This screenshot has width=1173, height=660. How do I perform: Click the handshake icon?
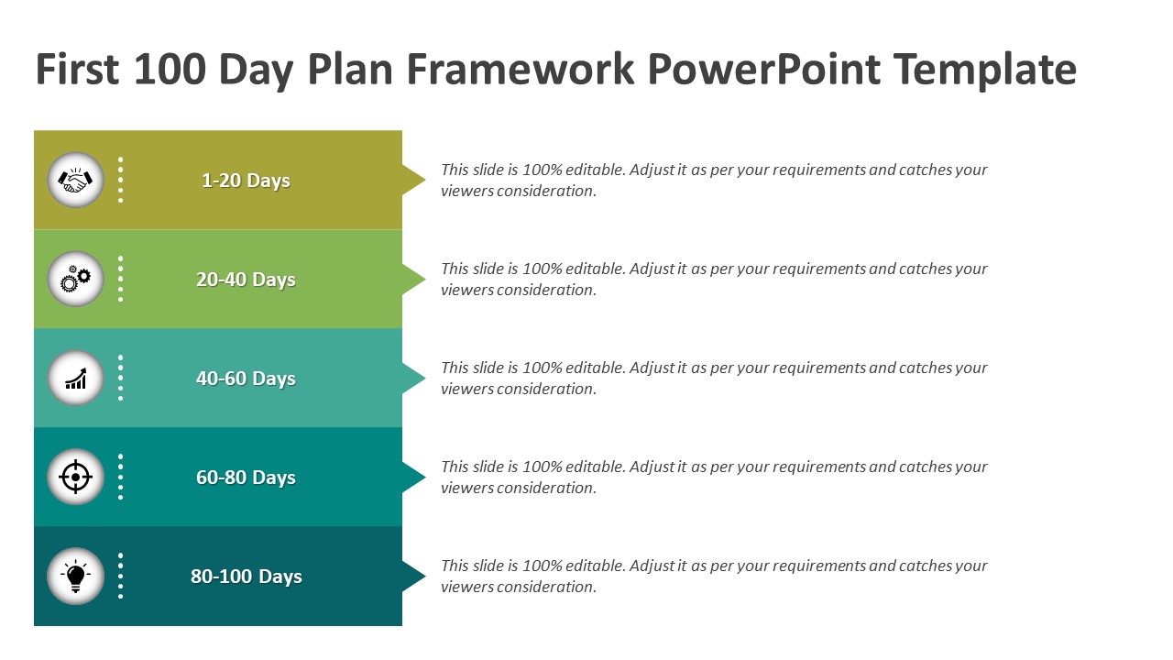click(75, 181)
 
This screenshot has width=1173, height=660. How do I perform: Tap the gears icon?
click(75, 279)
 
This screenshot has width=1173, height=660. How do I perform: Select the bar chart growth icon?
click(76, 379)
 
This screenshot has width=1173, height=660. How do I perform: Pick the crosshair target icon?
click(75, 477)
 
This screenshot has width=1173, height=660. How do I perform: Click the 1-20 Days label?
click(247, 181)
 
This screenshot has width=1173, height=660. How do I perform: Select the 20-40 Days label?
click(247, 280)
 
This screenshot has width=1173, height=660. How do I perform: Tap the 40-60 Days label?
click(247, 379)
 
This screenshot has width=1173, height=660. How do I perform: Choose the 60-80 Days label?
click(247, 478)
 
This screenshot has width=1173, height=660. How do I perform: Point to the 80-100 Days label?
click(247, 577)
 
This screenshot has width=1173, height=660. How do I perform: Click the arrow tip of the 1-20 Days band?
click(425, 181)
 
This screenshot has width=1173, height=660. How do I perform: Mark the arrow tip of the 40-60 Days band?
click(425, 379)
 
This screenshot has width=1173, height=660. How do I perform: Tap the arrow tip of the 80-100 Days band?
click(425, 577)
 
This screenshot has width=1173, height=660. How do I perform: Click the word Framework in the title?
click(520, 69)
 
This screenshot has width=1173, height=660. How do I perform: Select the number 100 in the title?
click(170, 69)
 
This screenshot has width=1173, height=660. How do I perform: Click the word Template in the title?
click(985, 71)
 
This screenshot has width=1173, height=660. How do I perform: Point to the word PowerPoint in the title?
click(763, 69)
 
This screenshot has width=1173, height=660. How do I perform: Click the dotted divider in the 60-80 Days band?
click(120, 477)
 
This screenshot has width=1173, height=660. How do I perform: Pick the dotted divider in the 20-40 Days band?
click(120, 279)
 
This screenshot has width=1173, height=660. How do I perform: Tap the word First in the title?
click(78, 69)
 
